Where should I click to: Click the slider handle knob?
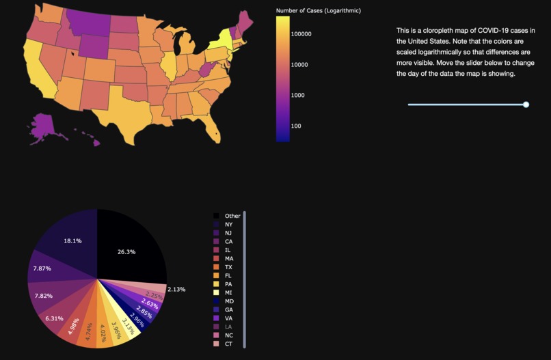(526, 105)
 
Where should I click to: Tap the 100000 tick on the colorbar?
(301, 34)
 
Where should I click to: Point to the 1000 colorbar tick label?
(298, 96)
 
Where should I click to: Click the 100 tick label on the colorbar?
(296, 126)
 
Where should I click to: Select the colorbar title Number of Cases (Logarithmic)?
(318, 11)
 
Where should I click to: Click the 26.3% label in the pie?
(126, 252)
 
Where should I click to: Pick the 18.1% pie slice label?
(72, 241)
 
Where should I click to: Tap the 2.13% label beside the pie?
(176, 290)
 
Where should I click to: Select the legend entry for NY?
(228, 224)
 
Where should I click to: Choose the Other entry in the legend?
(232, 216)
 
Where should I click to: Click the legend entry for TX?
(228, 267)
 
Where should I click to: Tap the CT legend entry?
(228, 344)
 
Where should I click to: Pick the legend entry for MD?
(228, 301)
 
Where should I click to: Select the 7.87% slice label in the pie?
(42, 268)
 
